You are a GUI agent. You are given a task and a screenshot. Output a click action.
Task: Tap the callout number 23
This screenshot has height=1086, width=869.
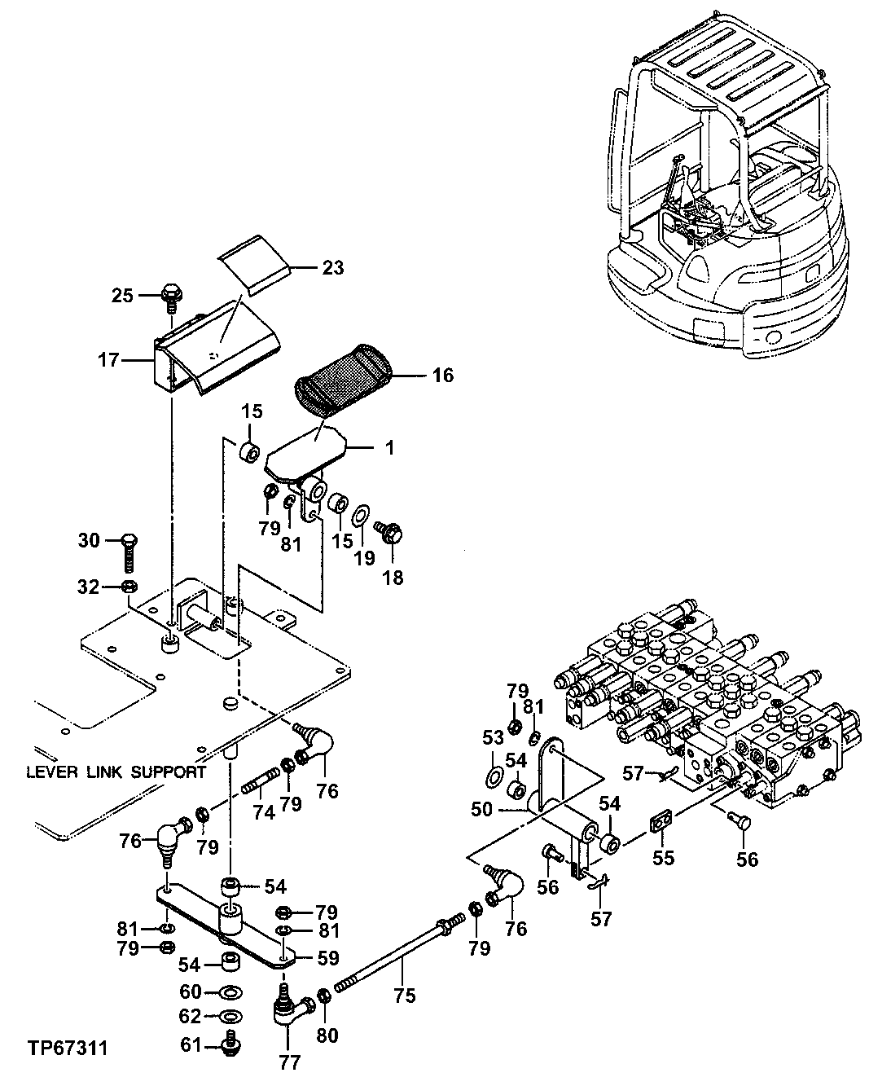tap(331, 268)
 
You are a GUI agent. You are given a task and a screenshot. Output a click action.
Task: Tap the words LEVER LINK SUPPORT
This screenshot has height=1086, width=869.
tap(116, 772)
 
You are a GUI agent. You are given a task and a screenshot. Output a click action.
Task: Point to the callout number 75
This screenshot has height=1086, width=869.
tap(405, 995)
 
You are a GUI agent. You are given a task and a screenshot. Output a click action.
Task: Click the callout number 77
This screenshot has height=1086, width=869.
tap(290, 1062)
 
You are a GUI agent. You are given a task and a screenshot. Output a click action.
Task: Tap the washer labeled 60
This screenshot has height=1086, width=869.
tap(230, 991)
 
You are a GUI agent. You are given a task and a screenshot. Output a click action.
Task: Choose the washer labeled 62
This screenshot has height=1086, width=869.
tap(230, 1017)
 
